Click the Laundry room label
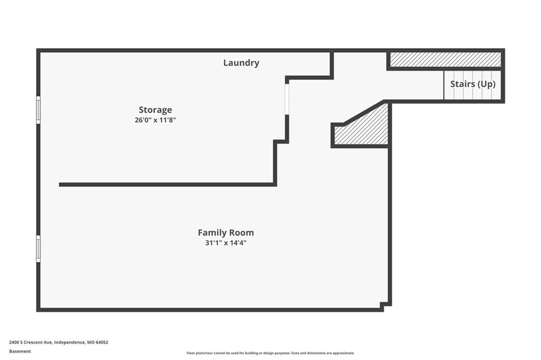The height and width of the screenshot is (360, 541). coord(241,63)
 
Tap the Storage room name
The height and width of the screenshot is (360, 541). coord(155,110)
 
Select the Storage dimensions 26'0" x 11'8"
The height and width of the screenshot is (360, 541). coord(155,120)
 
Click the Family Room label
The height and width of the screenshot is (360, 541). coord(226,232)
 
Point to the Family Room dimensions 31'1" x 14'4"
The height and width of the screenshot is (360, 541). coord(226,243)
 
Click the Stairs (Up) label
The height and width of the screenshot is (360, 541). coord(473,84)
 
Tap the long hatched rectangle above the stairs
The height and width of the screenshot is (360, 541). coord(445,60)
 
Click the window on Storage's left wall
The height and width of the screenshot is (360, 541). coord(38,110)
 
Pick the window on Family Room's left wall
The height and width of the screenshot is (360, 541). coord(38,249)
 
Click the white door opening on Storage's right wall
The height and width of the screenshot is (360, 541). coord(287,99)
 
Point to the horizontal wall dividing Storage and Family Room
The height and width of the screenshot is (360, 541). coord(167,185)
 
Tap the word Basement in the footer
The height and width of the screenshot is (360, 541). coord(20,352)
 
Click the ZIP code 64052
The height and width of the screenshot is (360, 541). coord(102,343)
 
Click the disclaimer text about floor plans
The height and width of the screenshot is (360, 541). coord(270,353)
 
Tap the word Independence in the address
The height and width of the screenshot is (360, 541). coord(69,343)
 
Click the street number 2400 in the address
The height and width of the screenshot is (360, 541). coord(14,343)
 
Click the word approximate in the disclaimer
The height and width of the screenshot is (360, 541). coord(343,353)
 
